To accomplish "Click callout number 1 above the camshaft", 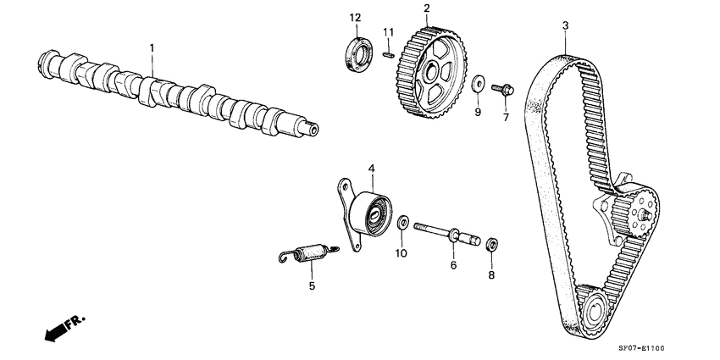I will (152, 49).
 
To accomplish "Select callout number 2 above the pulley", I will (426, 9).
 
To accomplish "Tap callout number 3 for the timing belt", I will (565, 26).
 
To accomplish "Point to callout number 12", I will (355, 18).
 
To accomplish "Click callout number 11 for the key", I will (389, 32).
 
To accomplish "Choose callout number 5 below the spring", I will (311, 286).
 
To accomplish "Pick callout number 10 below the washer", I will (402, 252).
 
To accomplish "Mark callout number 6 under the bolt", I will (453, 265).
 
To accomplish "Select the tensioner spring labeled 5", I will (309, 252).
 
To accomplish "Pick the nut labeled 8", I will (490, 245).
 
